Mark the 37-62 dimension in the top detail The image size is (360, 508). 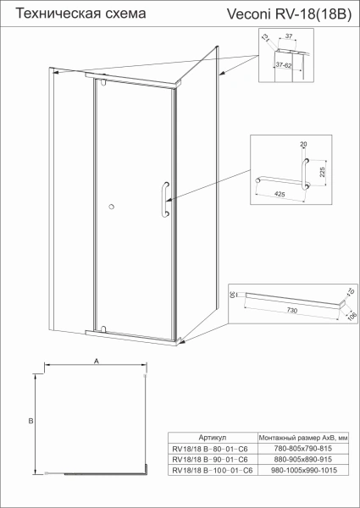pos(294,64)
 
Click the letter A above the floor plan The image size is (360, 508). pos(97,360)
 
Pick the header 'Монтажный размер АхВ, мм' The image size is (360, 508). pos(302,438)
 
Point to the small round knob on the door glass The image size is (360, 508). pos(111,206)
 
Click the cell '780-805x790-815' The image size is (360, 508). pos(302,449)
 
